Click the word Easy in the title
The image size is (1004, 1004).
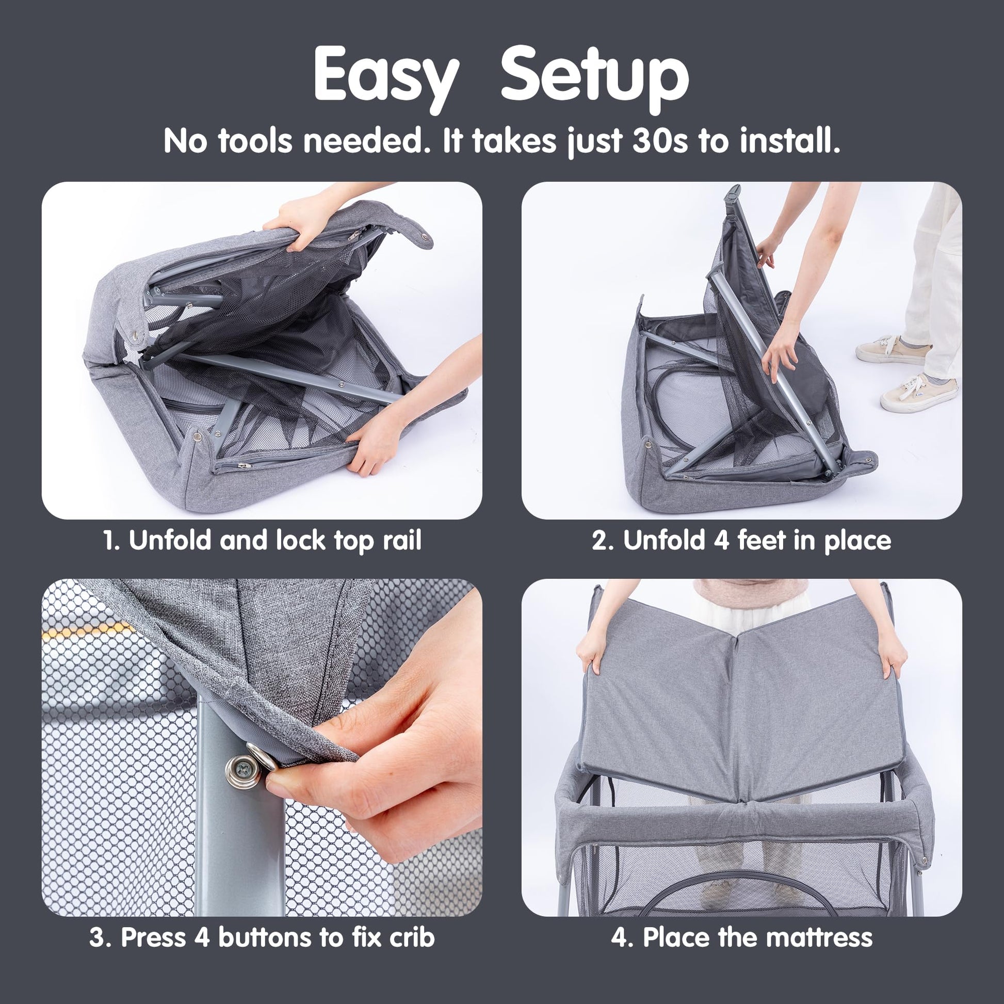point(386,77)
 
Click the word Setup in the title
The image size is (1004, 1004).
point(594,77)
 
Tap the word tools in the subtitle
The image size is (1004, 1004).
point(255,141)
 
